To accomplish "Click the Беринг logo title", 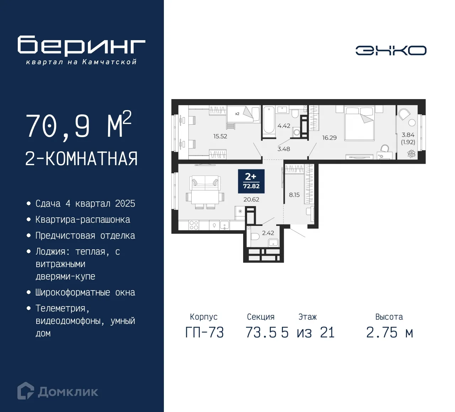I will (x=81, y=46).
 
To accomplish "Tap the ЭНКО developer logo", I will (x=391, y=50).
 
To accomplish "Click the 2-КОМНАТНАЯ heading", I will (x=81, y=158).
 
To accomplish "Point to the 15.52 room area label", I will (x=220, y=136).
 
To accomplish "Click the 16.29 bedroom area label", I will (x=329, y=138).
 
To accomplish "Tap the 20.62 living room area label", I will (x=251, y=200).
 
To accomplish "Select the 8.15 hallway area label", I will (x=294, y=195).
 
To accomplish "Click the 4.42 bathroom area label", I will (x=284, y=126).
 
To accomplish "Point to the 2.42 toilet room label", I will (x=268, y=233).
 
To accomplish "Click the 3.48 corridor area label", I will (x=283, y=149).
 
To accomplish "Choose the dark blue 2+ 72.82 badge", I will (x=251, y=181).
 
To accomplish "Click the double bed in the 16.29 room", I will (x=359, y=123).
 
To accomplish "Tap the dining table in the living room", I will (x=205, y=196).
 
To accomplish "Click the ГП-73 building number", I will (x=204, y=333).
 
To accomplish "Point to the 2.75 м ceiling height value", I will (x=389, y=333).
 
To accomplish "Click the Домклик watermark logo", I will (x=58, y=391).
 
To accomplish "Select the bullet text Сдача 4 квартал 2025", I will (x=85, y=204).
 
